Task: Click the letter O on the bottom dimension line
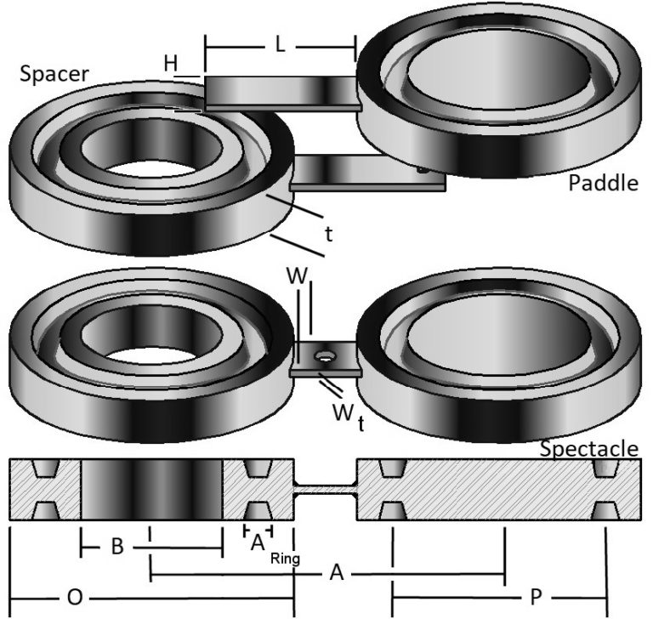coord(74,598)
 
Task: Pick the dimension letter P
coord(535,598)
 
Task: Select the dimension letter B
coord(119,548)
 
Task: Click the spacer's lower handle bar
coord(366,174)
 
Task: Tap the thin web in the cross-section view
coord(325,490)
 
